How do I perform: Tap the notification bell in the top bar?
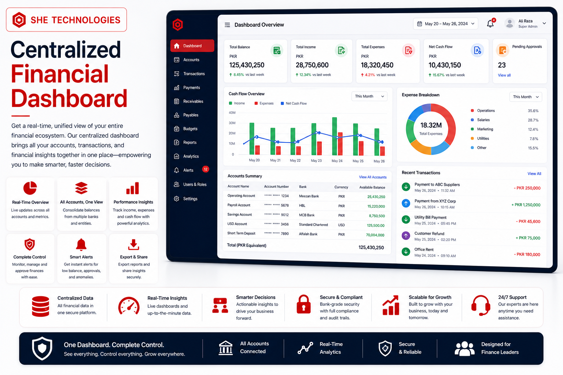(490, 23)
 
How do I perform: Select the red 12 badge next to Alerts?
(206, 169)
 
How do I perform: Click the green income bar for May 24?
(335, 136)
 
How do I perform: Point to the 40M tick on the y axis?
(232, 113)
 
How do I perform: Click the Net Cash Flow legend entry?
(294, 103)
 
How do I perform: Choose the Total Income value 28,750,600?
(312, 65)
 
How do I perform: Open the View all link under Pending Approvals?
(504, 75)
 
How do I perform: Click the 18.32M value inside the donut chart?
(431, 125)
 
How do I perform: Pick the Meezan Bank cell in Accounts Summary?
(309, 196)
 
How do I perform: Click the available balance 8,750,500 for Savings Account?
(377, 216)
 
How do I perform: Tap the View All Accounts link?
(373, 177)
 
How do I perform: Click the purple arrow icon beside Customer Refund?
(406, 235)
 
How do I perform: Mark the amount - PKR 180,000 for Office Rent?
(527, 255)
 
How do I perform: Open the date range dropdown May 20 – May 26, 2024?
(445, 24)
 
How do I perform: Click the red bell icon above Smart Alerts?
(81, 245)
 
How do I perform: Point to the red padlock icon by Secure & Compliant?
(303, 304)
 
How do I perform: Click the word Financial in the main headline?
(60, 74)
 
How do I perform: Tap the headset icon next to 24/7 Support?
(481, 305)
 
